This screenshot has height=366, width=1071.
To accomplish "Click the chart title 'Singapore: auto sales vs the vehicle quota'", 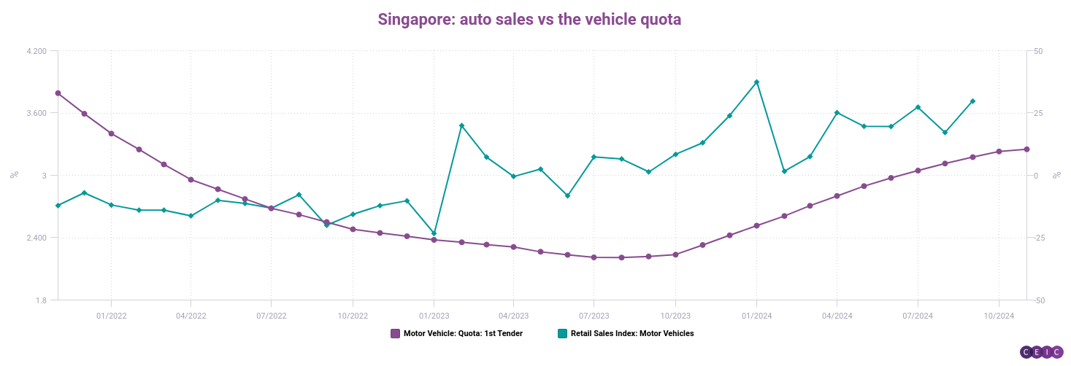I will pos(529,19).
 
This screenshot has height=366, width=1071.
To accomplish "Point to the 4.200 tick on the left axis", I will pos(36,51).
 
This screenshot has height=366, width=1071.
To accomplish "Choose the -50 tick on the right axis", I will pos(1037,300).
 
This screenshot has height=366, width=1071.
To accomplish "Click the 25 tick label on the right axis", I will pos(1037,113).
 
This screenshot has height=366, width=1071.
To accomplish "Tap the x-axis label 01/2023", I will pos(434,316).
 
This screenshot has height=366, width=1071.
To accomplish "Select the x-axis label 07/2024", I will pos(918,316).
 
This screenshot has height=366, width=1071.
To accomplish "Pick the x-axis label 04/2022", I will pos(191,316).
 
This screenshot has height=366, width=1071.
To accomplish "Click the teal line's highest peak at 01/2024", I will pos(756,82).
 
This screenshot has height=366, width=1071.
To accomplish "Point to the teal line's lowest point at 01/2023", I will pos(434,233).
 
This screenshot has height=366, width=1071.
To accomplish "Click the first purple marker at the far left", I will pos(58,93).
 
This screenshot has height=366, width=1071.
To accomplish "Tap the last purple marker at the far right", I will pos(1026,149).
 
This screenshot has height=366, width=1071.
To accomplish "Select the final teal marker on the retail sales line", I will pos(972,101).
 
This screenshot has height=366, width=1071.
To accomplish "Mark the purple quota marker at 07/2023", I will pos(594,257).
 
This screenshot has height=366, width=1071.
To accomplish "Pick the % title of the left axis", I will pos(13,175).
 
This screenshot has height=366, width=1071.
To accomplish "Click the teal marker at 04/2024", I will pos(837,113).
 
